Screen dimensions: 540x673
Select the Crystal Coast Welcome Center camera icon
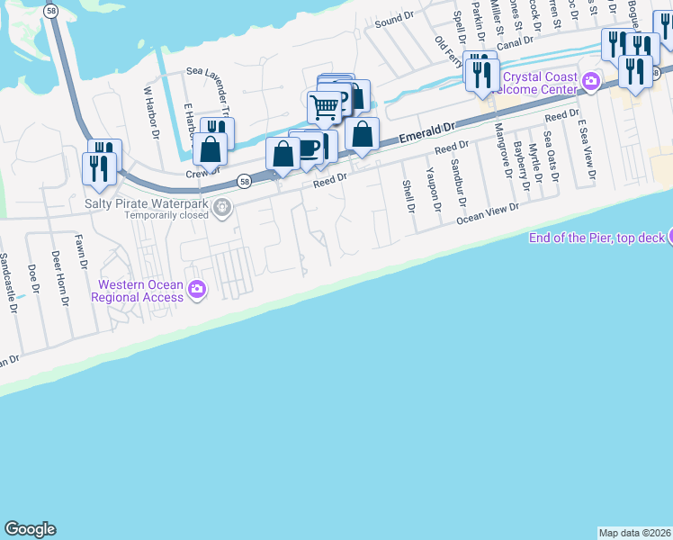pos(590,82)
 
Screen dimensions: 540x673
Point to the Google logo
pos(30,529)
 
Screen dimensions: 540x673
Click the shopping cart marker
pos(324,108)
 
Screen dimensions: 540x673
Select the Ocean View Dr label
pos(488,213)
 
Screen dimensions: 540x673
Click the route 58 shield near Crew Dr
pos(244,181)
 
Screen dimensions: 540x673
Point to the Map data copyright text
pos(634,533)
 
